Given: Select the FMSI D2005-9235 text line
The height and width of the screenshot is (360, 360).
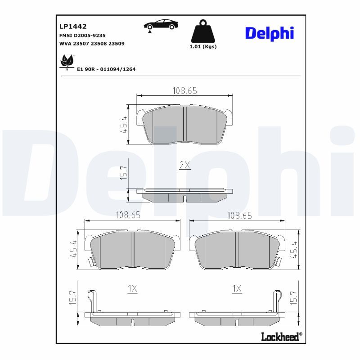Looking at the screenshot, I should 83,35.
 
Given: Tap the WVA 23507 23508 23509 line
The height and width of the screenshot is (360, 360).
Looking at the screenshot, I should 92,44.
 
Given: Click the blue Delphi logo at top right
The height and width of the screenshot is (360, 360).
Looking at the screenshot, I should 269,32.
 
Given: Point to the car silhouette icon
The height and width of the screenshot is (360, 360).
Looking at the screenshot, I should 160,25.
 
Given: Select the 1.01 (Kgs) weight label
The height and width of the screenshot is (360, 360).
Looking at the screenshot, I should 203,47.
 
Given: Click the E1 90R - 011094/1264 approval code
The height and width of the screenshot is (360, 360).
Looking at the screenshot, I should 106,69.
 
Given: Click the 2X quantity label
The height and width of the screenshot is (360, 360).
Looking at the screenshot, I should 185,165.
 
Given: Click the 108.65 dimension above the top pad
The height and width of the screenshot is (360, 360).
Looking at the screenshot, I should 185,90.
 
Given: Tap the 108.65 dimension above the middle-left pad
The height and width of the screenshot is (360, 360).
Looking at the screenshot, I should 128,215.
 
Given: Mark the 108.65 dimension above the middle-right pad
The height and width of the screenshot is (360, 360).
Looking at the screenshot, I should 239,215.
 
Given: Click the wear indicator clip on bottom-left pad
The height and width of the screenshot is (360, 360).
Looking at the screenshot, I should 92,301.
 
